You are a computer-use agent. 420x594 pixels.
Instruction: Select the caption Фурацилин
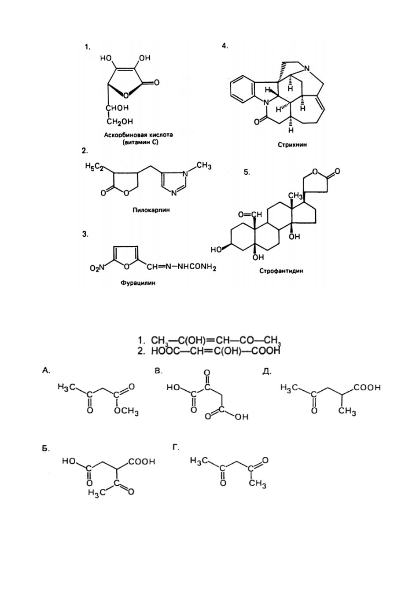138,283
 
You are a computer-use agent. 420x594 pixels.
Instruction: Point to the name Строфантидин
281,271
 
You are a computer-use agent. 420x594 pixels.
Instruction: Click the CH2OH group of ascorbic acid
120,122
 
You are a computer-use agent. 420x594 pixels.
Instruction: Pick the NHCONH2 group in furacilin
197,268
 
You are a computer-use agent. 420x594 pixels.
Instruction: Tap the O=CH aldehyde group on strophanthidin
250,214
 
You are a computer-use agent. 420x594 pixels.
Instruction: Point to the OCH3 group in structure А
126,412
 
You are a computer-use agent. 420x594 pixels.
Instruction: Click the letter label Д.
267,371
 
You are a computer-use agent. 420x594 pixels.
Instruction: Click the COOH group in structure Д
367,388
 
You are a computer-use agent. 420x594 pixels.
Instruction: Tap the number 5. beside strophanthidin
247,172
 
